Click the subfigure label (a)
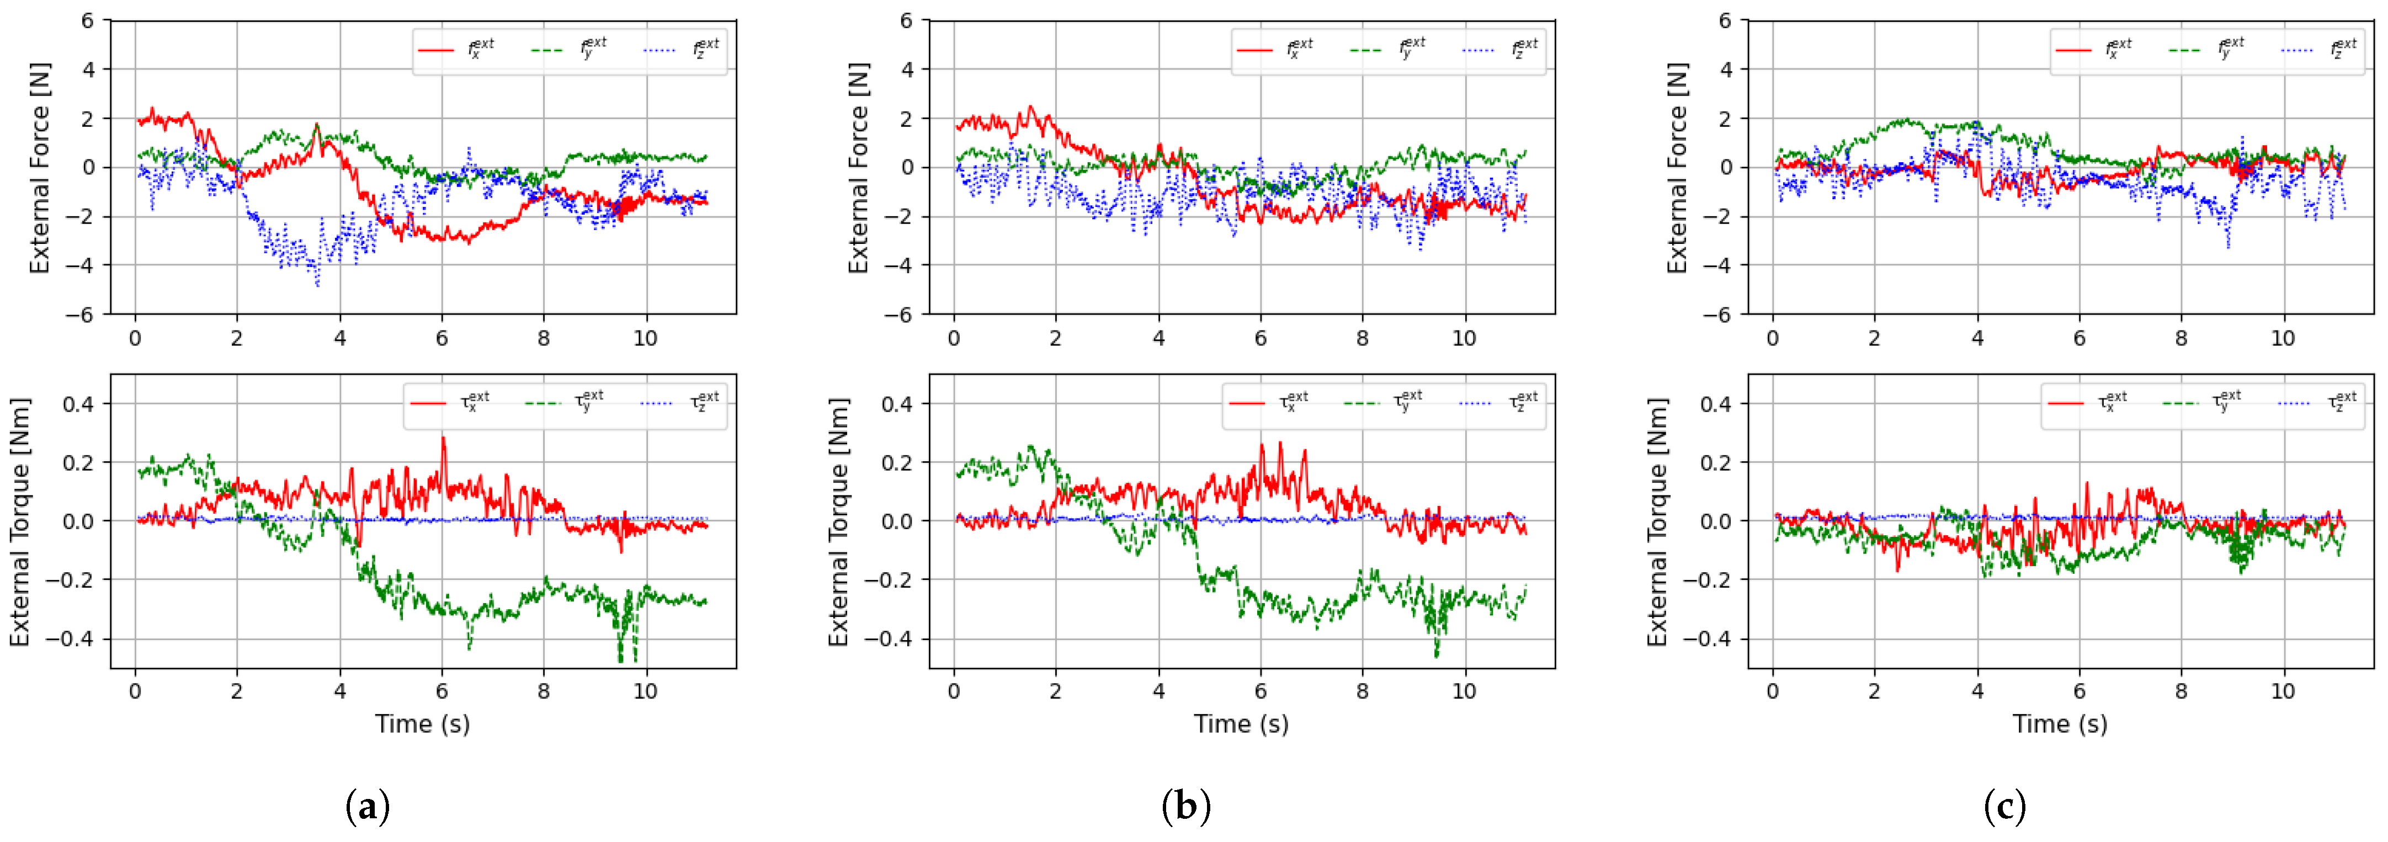coord(367,806)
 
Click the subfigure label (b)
coord(1185,806)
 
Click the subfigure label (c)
coord(2004,806)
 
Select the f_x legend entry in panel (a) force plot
coord(458,49)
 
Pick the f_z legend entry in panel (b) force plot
coord(1502,49)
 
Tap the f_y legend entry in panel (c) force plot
coord(2207,49)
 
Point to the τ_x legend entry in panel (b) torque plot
coord(1269,402)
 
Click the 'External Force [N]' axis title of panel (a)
coord(39,168)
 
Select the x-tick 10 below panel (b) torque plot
coord(1464,692)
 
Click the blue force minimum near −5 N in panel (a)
coord(317,283)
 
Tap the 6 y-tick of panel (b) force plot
coord(907,20)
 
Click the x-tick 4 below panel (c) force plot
coord(1977,338)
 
